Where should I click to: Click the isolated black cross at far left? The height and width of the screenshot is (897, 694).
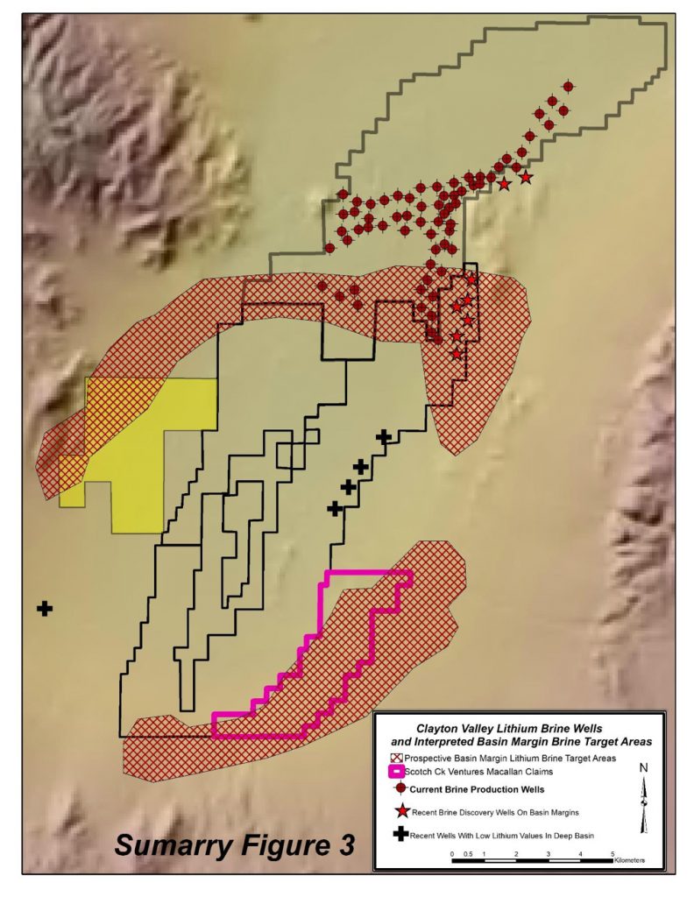44,608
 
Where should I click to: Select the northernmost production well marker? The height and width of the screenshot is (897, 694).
568,87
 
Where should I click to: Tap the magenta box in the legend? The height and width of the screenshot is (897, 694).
396,772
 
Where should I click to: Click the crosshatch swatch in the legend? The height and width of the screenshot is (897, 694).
397,757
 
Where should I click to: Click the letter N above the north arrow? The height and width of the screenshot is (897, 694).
644,768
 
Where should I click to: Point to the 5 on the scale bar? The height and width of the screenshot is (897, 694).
613,851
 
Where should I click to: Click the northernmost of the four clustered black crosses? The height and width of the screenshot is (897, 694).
383,436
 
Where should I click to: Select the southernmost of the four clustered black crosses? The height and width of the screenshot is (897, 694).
334,507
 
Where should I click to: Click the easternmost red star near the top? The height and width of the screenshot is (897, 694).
526,178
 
